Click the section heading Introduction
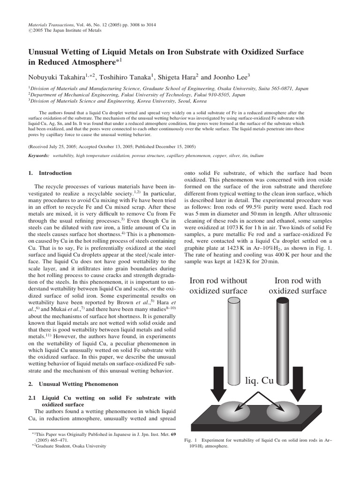click(55, 173)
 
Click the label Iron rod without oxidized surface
click(218, 286)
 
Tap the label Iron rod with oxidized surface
click(297, 286)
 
